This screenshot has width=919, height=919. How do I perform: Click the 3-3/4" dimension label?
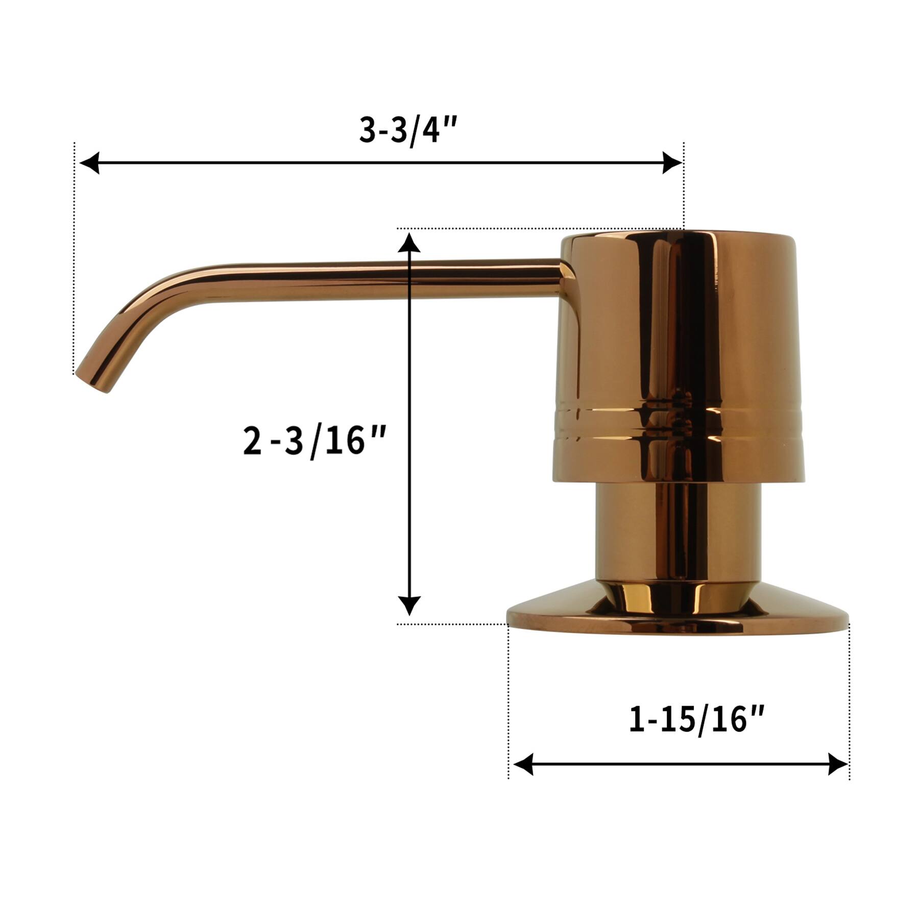click(x=406, y=131)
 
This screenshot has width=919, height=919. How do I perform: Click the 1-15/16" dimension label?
click(x=696, y=720)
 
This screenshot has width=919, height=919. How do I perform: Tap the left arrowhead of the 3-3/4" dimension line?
click(x=89, y=163)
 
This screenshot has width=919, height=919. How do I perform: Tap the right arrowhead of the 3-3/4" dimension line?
click(x=672, y=163)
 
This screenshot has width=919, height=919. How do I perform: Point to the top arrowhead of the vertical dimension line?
click(x=409, y=242)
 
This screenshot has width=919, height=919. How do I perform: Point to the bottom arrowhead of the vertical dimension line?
click(x=409, y=606)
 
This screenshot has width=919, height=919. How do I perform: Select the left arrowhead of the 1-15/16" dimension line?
click(x=523, y=764)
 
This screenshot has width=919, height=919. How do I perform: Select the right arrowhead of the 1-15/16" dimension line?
click(x=838, y=764)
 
